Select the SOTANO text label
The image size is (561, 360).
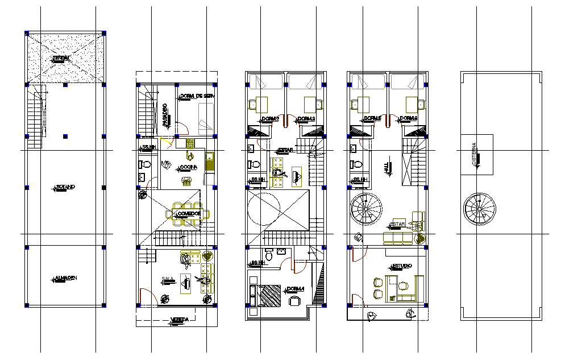point(65,187)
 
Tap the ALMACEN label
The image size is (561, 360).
point(66,278)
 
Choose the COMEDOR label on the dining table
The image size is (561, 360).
point(188,214)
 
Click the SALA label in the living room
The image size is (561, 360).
point(167,279)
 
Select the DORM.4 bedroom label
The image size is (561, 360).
point(296,289)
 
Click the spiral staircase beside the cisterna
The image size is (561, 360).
point(480,210)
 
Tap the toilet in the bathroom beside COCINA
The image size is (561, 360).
point(146,165)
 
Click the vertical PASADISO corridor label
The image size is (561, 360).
point(165,114)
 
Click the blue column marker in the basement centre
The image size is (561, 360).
point(65,136)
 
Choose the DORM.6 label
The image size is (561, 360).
point(409,119)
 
